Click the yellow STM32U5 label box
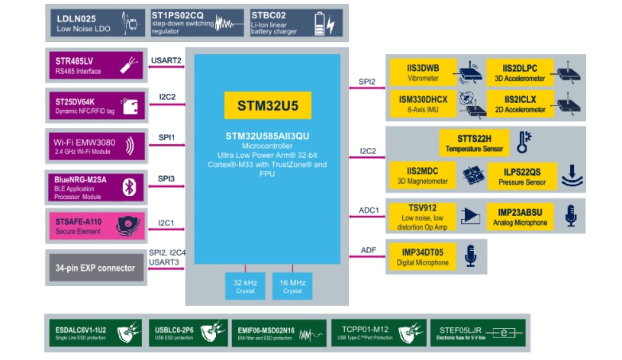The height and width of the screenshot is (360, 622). coord(267,105)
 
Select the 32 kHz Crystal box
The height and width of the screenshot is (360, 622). coord(244,286)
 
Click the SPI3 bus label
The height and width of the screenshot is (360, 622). coord(167,178)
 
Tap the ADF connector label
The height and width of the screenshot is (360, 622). coord(368,249)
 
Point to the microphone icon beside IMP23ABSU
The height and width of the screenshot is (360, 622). coord(569,217)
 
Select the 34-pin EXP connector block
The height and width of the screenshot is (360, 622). coord(95,267)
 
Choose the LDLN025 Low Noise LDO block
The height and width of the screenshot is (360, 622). coord(95,23)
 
